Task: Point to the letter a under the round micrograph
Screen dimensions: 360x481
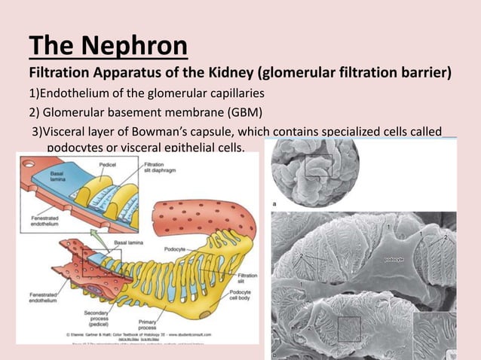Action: tap(274, 204)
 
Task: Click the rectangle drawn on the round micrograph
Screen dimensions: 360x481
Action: tap(317, 166)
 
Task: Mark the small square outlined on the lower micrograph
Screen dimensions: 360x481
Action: tap(349, 329)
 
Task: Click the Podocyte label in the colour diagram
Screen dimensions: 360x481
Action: tap(170, 247)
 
